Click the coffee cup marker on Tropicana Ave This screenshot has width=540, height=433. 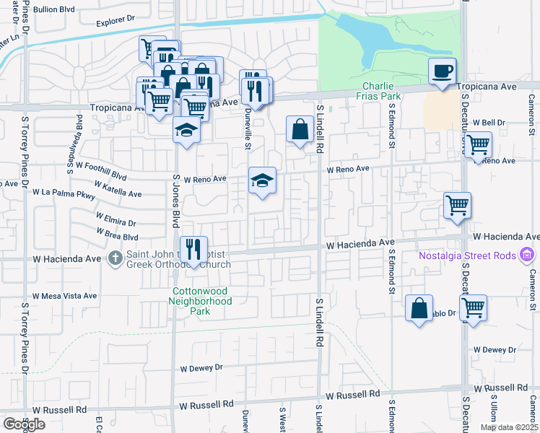(x=442, y=71)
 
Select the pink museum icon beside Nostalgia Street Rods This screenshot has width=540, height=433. (x=527, y=255)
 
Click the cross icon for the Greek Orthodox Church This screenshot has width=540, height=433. (x=116, y=257)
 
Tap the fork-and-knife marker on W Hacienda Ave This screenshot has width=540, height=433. (x=193, y=250)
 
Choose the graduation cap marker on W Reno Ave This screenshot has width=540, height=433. (x=262, y=180)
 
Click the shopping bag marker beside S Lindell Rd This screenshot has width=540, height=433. (x=300, y=130)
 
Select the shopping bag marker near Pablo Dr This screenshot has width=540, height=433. (x=419, y=308)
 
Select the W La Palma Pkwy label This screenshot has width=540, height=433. (x=64, y=193)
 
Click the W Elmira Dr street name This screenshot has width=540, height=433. (x=116, y=219)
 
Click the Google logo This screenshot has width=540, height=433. (x=24, y=424)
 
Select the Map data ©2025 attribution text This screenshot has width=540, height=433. (x=508, y=427)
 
